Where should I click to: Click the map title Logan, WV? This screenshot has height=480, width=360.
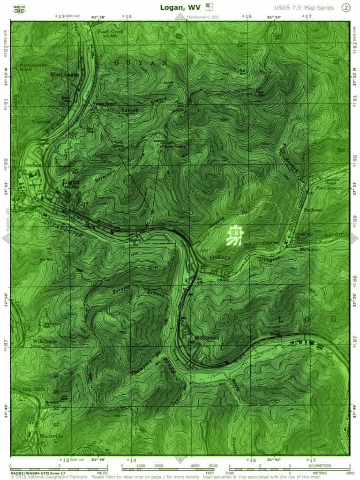180,7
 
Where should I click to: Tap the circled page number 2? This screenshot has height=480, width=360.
346,7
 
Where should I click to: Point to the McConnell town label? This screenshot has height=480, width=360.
207,337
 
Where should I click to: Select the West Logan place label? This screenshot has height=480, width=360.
65,75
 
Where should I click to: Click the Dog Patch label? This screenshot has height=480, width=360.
34,389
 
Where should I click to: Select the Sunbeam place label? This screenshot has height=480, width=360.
313,210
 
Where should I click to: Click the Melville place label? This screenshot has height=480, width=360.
309,249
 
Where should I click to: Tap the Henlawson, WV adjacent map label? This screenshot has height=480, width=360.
202,17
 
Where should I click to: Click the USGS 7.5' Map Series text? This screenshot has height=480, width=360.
304,7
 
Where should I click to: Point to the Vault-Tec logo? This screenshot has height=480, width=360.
20,7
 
